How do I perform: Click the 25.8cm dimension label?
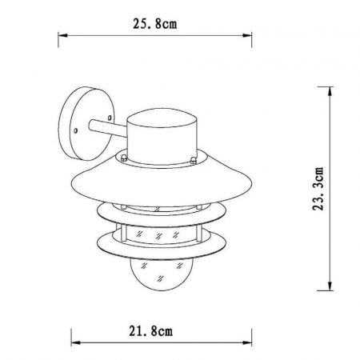click(154, 24)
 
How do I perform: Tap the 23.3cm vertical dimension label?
click(318, 189)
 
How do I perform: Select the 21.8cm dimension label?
click(151, 331)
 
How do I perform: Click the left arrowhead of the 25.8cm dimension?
click(62, 35)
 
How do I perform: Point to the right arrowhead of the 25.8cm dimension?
click(247, 35)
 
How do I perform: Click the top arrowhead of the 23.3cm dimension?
click(330, 91)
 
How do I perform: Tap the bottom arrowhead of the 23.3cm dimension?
click(330, 286)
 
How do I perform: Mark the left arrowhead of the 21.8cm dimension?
click(76, 342)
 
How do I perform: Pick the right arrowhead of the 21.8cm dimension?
click(247, 342)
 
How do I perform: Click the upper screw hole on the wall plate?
click(109, 118)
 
